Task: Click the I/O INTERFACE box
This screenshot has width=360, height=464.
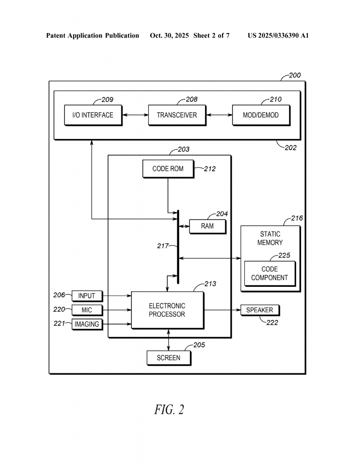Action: (x=92, y=115)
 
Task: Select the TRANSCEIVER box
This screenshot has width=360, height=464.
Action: (x=177, y=115)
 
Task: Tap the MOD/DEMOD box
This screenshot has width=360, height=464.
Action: (x=261, y=115)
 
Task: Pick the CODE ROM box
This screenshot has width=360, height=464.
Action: (x=168, y=169)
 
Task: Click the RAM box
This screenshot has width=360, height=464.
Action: (x=207, y=226)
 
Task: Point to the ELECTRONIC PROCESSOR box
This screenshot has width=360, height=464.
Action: (x=167, y=310)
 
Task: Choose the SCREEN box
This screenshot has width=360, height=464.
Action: (x=169, y=358)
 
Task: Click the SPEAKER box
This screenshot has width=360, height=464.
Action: (x=260, y=310)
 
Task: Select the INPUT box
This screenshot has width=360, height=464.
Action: (x=87, y=296)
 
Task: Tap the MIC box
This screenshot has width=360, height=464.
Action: (x=87, y=310)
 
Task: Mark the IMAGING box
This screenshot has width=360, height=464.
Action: (x=87, y=324)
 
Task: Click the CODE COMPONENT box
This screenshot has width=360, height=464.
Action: (x=269, y=274)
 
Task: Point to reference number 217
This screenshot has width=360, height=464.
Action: (x=162, y=246)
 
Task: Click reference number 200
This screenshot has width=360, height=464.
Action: (x=294, y=76)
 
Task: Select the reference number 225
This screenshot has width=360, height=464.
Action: (x=284, y=256)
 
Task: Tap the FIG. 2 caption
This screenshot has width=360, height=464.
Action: (x=169, y=410)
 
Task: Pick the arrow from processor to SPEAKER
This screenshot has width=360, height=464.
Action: (x=222, y=310)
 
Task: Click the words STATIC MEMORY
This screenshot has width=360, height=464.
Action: (x=270, y=238)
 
